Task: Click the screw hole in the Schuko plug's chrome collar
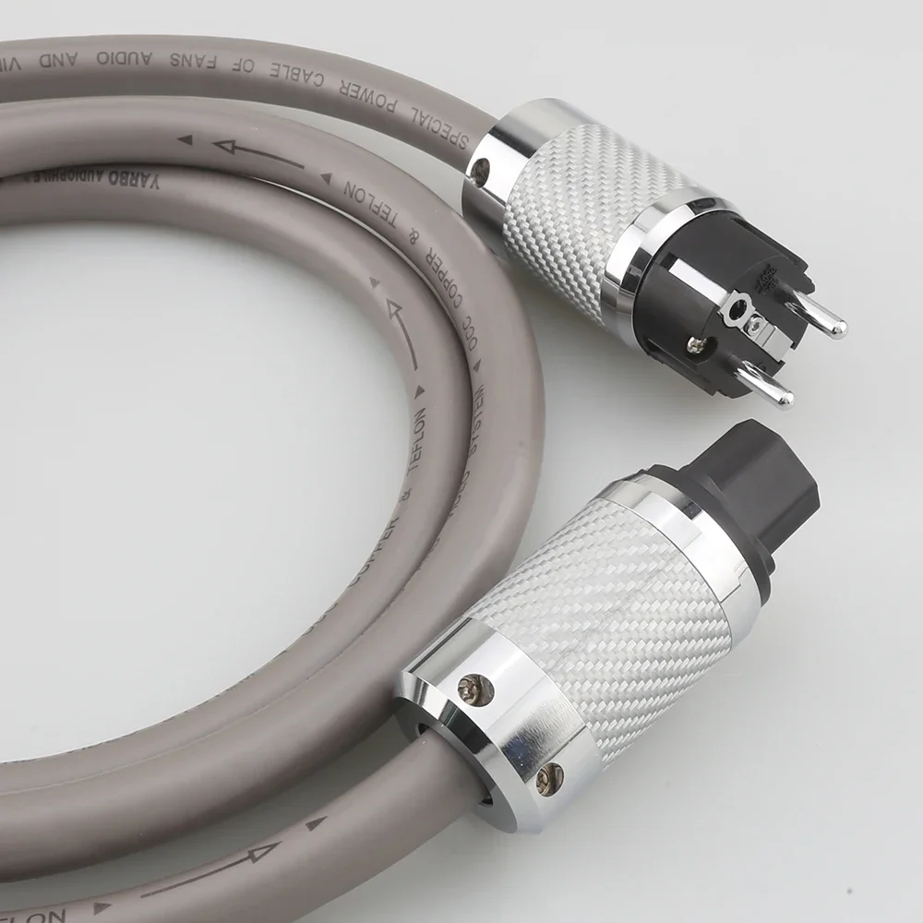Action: (478, 169)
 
